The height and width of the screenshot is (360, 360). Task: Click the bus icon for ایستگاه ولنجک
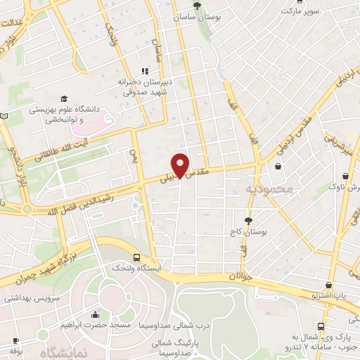[x=135, y=257]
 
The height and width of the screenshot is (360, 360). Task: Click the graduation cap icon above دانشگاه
[x=63, y=99]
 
